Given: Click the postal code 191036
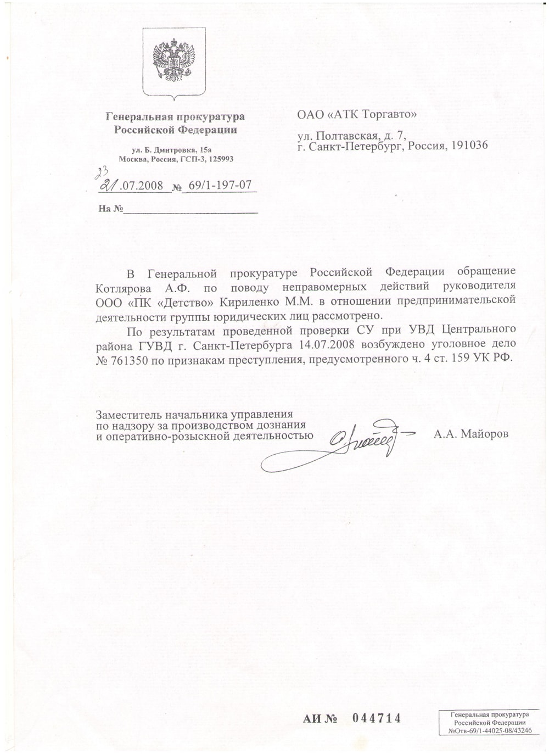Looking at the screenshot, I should (468, 146).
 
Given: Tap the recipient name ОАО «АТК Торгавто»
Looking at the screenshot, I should (357, 115).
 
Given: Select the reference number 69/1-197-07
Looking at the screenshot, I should (220, 185).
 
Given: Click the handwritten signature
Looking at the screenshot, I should (351, 442).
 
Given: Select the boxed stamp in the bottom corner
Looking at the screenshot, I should (490, 723).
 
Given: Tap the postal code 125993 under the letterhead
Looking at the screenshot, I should (220, 159).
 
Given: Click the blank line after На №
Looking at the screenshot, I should (190, 209).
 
